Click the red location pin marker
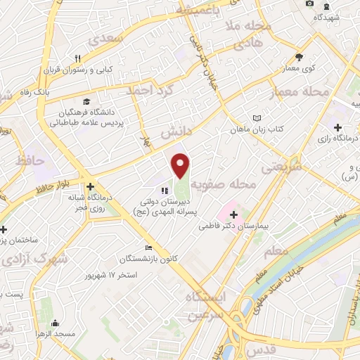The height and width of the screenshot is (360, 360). (181, 165)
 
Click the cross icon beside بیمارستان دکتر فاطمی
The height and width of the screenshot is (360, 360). (234, 214)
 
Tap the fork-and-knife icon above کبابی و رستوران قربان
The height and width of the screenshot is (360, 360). (78, 59)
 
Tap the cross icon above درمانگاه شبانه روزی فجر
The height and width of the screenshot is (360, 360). (90, 187)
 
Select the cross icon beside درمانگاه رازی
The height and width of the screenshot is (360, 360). (338, 127)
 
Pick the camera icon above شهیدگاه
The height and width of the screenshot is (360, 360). (310, 5)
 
